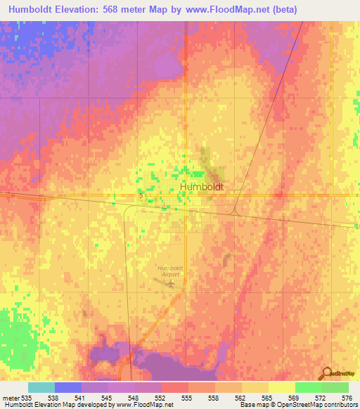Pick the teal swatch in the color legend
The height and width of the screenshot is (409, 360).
[x=41, y=387]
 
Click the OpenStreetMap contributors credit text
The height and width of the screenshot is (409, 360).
[x=311, y=405]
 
